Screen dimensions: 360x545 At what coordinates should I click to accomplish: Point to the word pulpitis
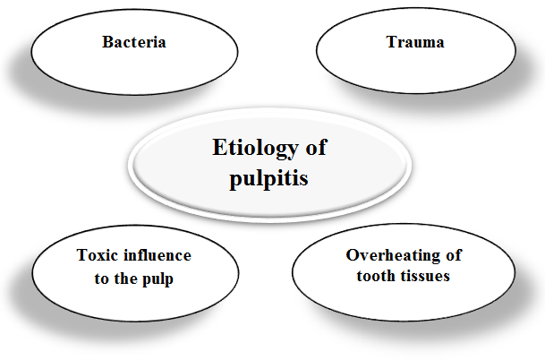[270, 176]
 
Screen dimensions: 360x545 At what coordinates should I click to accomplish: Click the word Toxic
[96, 255]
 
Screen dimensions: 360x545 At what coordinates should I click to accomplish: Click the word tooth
[377, 276]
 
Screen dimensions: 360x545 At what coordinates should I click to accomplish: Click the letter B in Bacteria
[106, 42]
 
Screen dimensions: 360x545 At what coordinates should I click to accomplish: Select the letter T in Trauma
[390, 42]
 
